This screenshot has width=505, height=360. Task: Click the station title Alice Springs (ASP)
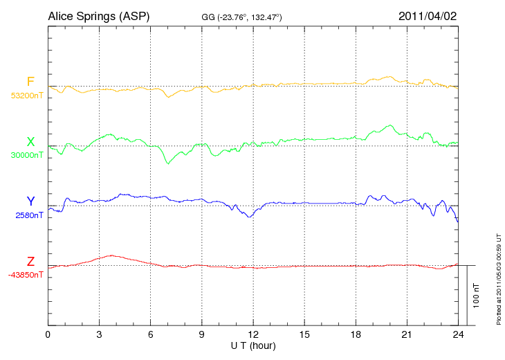pos(98,15)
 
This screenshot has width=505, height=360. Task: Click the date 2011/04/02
pos(428,15)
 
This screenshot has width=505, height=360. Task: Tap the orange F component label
pos(30,82)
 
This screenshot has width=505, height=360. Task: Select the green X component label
pos(30,142)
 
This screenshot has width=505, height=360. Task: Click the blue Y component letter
pos(30,201)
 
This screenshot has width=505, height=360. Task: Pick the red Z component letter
pos(30,261)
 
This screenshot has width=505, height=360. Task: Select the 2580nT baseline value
pos(29,215)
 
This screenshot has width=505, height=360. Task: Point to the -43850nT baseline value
pos(26,275)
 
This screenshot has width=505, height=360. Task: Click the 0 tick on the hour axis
pos(48,335)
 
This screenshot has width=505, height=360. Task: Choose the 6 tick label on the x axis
pos(151,335)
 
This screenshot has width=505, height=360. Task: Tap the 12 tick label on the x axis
pos(253,335)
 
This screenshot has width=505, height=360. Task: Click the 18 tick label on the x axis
pos(356,335)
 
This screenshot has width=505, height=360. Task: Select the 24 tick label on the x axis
pos(458,335)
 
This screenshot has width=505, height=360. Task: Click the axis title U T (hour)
pos(253,345)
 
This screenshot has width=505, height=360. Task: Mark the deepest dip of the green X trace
pos(167,163)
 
